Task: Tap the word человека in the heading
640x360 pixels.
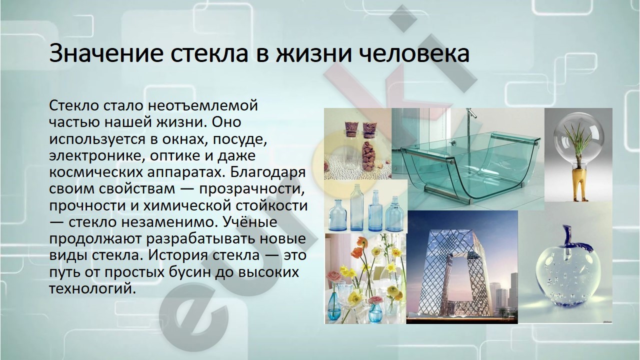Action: [414, 53]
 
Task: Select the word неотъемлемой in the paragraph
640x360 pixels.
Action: [203, 105]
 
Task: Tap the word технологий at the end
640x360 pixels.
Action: [92, 288]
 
